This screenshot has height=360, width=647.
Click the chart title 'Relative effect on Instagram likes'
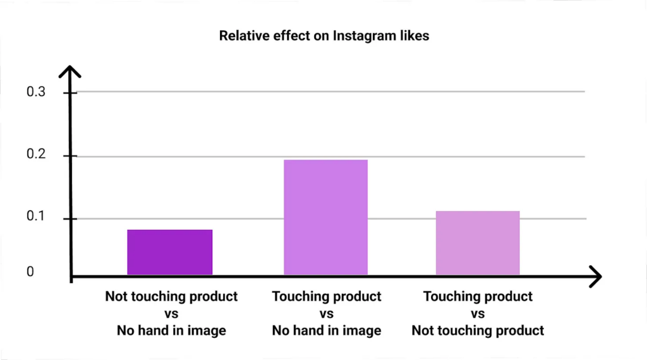pos(323,36)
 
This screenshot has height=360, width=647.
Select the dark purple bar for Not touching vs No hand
pos(169,252)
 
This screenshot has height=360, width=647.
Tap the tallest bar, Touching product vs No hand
pos(325,217)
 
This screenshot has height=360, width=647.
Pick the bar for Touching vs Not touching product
pos(478,243)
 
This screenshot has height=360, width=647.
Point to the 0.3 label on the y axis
pos(36,92)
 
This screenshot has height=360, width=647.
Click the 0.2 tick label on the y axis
pos(36,156)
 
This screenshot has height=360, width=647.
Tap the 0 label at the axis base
pos(30,272)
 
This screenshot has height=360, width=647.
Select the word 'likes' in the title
pos(414,36)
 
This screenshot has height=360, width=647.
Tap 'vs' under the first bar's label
pos(171,314)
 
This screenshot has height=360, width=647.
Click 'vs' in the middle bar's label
pos(327,314)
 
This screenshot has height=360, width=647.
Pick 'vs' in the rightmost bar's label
pos(478,314)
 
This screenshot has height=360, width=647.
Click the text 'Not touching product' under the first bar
pos(171,297)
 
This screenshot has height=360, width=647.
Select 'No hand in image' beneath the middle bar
pos(327,331)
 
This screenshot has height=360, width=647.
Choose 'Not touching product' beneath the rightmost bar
pos(478,331)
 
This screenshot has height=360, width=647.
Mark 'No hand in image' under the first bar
pos(171,331)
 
